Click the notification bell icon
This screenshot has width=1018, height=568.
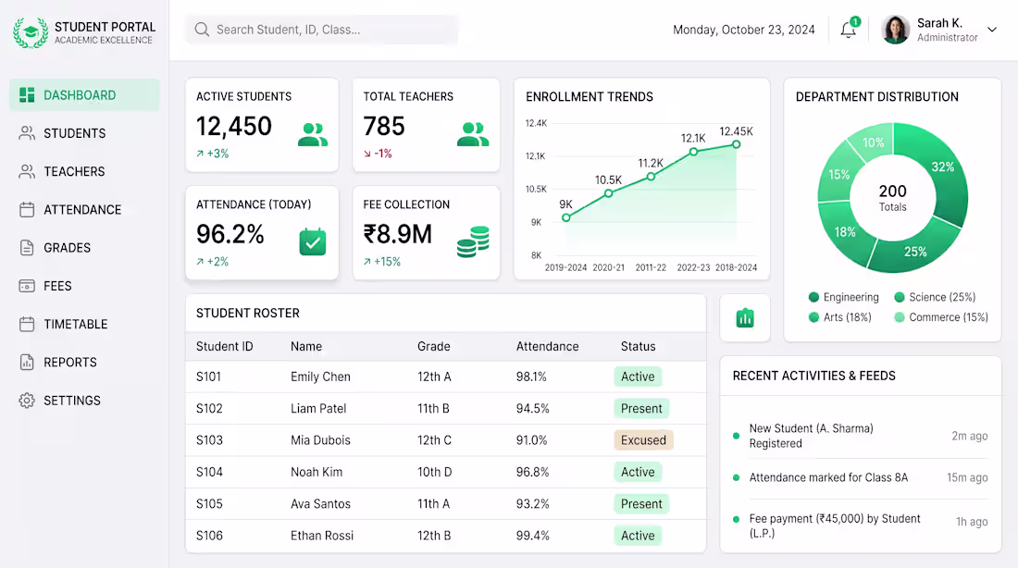848,30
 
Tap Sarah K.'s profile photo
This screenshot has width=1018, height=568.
895,30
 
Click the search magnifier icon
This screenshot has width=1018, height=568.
202,30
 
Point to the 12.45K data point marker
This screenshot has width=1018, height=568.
737,144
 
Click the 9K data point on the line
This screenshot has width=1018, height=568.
566,217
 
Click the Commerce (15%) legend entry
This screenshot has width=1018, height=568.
941,317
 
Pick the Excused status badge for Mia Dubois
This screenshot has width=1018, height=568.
643,440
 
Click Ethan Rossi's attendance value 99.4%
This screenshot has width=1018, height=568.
533,536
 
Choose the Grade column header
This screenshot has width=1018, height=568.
434,347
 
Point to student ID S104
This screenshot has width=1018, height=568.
209,472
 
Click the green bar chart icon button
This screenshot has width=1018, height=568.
745,318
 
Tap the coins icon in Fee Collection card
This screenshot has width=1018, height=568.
473,241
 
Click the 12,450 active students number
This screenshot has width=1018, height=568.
234,126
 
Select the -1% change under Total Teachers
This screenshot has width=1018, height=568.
378,154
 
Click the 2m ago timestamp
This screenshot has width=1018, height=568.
969,437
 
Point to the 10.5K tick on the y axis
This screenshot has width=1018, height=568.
536,189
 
